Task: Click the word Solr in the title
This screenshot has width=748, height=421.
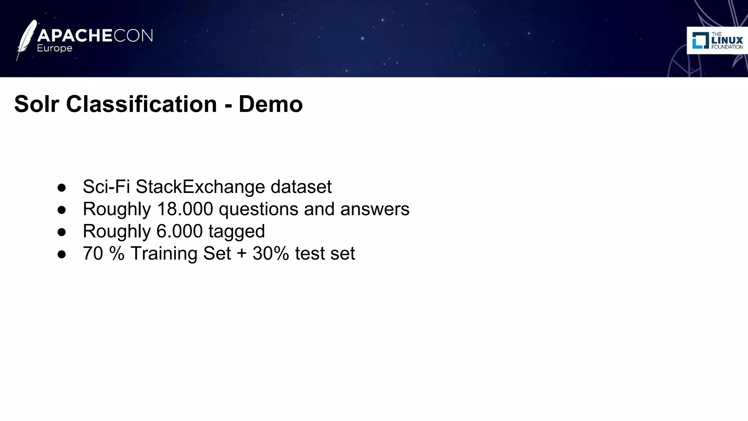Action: click(x=37, y=104)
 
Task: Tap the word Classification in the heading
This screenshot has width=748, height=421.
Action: click(x=141, y=104)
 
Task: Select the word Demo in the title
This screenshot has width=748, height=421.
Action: click(x=271, y=104)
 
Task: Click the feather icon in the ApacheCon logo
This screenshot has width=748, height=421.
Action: click(x=26, y=39)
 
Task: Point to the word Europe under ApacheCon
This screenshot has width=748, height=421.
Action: click(x=55, y=49)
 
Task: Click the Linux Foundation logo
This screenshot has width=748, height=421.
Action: click(x=717, y=41)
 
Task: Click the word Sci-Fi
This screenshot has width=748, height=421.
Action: click(x=106, y=187)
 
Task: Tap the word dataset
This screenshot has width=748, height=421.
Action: click(x=301, y=187)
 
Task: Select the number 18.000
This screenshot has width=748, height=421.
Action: click(x=185, y=209)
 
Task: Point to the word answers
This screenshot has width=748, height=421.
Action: click(x=375, y=209)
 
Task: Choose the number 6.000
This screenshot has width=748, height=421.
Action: click(x=179, y=231)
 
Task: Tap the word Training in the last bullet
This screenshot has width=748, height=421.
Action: click(x=164, y=254)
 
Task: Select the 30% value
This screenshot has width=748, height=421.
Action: click(x=271, y=254)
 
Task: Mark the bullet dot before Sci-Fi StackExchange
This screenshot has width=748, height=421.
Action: click(x=62, y=188)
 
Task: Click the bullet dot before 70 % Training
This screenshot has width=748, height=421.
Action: click(x=62, y=254)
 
